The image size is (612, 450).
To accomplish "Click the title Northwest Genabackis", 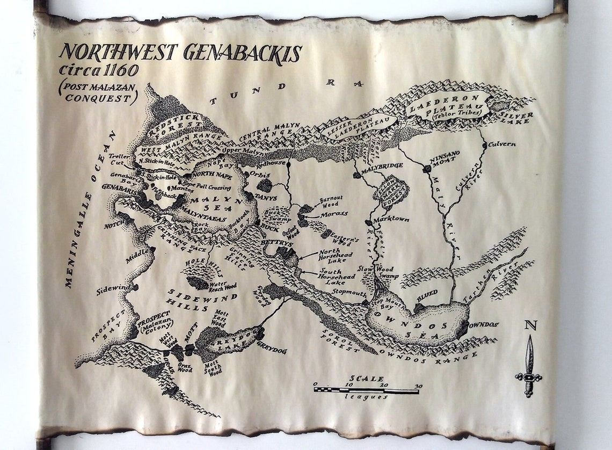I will pos(180,53).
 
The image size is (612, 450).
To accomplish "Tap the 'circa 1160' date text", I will pos(99,70).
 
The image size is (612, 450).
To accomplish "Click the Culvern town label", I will pos(502,144).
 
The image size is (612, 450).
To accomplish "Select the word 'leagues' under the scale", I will pos(367,397).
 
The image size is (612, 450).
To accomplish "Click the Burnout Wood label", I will pos(331,201).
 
